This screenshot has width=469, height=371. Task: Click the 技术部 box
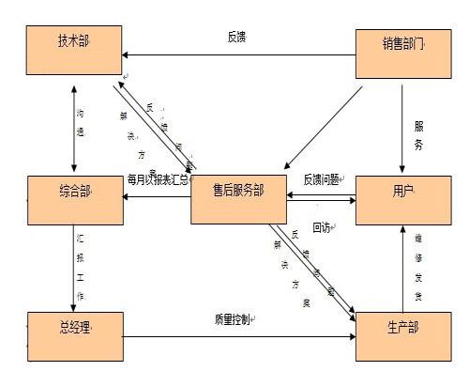click(x=74, y=52)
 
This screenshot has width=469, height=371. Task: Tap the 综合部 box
click(x=74, y=198)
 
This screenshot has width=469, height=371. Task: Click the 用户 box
click(x=404, y=199)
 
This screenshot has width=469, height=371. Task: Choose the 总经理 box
click(x=74, y=336)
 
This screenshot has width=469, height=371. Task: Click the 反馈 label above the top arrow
click(x=236, y=38)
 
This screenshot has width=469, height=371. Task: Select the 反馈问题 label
click(x=322, y=178)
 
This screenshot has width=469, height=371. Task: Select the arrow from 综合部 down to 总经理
click(x=73, y=268)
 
